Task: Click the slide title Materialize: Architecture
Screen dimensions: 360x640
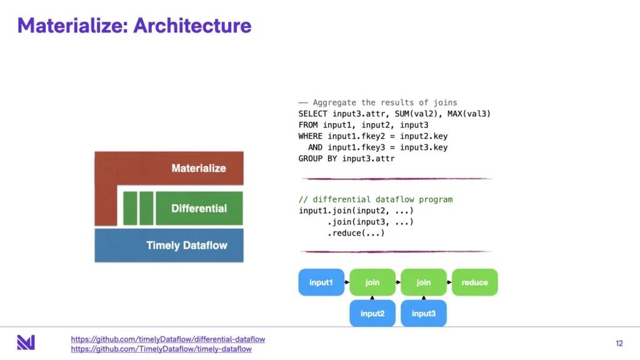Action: pos(134,26)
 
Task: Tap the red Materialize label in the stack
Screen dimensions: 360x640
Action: pos(199,168)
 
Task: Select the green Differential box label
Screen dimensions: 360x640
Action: pos(199,208)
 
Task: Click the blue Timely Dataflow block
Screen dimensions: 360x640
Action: pos(169,245)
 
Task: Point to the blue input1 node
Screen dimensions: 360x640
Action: pos(321,282)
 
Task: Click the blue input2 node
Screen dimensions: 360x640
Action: pos(372,313)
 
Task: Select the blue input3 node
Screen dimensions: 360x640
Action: pos(424,313)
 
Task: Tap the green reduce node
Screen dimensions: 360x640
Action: pos(474,282)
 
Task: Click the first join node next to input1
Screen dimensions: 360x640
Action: pos(372,282)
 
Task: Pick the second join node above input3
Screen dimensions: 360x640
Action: pos(424,282)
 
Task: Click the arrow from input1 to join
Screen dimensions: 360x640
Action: pos(347,282)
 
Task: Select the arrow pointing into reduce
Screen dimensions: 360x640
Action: pos(449,282)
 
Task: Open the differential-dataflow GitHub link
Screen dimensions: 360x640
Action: pos(167,339)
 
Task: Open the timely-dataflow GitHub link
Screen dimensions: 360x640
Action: pos(161,349)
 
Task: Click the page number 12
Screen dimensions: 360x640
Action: pos(619,343)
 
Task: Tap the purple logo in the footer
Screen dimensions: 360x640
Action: pos(26,342)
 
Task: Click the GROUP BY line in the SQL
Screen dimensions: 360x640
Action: pos(346,159)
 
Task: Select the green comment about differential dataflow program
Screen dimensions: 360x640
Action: pos(375,199)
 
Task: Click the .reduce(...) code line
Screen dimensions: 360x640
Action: pos(356,233)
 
